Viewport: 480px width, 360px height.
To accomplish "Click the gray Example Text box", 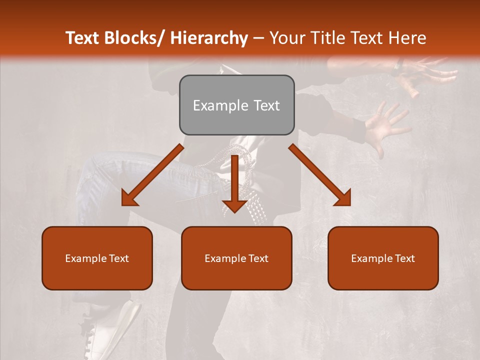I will click(236, 105).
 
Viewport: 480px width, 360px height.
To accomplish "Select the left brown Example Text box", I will click(97, 258).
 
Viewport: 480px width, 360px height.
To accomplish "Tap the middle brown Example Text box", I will click(236, 258).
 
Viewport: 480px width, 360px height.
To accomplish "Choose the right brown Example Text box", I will click(383, 258).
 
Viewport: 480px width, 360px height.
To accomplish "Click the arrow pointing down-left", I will click(153, 175).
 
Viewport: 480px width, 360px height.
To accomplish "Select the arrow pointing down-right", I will click(320, 175).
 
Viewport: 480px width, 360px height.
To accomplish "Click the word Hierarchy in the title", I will click(209, 38).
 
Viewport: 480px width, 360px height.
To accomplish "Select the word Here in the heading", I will click(408, 38).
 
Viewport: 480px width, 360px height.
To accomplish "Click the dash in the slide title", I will click(258, 38).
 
